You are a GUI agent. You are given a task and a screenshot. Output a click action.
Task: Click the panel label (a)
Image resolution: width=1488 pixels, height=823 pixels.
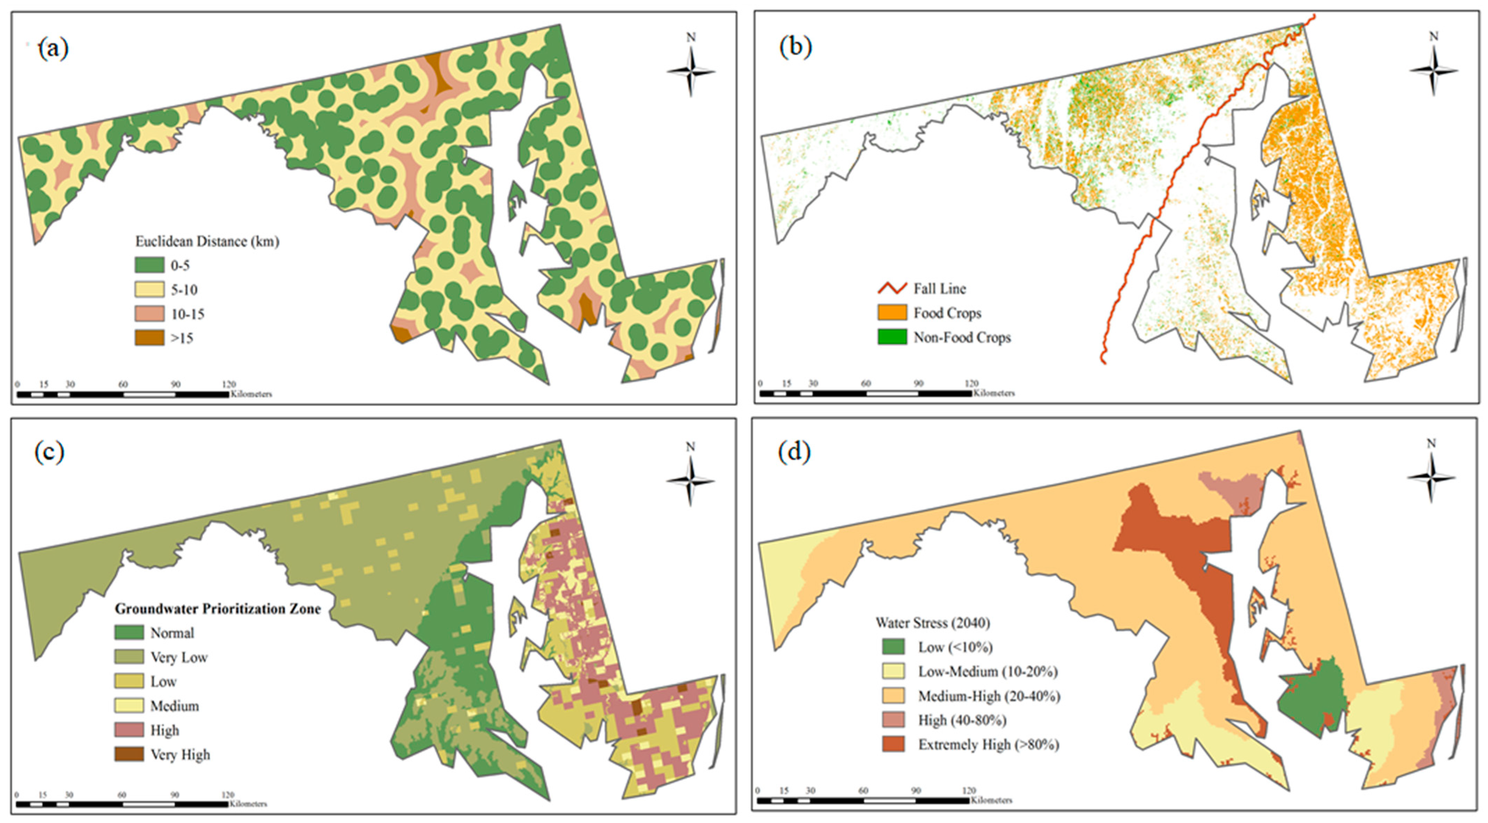(x=53, y=48)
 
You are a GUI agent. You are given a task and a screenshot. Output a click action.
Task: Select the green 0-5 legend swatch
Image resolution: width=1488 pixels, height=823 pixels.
(x=149, y=265)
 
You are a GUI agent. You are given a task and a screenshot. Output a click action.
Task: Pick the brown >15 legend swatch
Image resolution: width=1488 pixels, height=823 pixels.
(x=149, y=338)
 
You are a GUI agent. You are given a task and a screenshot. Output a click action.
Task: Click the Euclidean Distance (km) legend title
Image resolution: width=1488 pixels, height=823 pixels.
(x=207, y=242)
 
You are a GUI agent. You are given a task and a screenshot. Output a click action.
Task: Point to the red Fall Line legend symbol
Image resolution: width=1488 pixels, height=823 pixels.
(x=892, y=288)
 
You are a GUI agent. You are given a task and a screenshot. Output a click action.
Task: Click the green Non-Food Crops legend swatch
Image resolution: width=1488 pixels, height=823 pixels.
(x=892, y=337)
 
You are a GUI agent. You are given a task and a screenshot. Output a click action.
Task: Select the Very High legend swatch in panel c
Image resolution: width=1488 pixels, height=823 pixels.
(x=129, y=754)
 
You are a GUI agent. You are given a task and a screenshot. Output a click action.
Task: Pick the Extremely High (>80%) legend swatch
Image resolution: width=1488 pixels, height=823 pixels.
(x=893, y=744)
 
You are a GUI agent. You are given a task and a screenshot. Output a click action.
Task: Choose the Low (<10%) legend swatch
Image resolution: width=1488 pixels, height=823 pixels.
(x=893, y=647)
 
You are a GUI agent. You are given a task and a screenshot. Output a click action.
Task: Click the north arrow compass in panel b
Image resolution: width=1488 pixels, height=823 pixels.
(x=1433, y=70)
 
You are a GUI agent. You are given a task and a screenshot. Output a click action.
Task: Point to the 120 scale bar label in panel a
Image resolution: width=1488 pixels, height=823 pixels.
(x=229, y=385)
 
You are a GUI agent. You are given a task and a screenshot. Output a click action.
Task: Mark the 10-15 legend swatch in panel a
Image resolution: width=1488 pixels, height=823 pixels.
(x=149, y=314)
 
